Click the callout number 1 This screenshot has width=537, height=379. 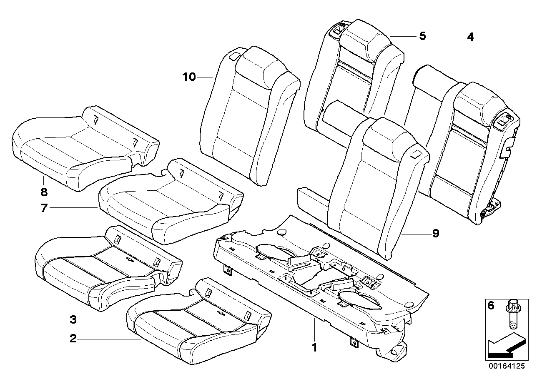(315, 347)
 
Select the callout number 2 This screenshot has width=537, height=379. (73, 339)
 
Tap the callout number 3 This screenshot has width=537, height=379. (73, 319)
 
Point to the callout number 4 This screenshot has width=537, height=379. (470, 37)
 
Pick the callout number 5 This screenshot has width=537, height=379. (422, 36)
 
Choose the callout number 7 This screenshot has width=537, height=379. (44, 207)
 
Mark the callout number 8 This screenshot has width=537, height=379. (44, 192)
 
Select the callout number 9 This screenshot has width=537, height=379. (435, 234)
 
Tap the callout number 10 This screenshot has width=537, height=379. (189, 77)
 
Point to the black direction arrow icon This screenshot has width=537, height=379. (504, 346)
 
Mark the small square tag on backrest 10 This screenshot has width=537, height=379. (235, 55)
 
